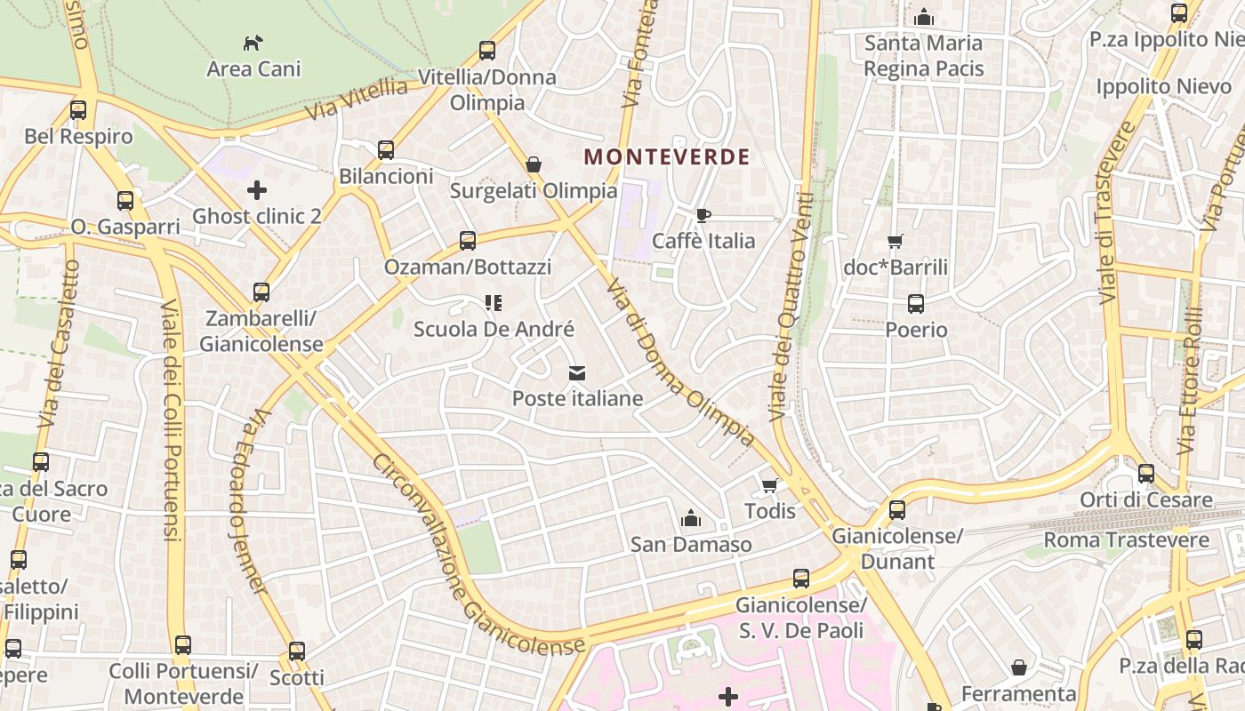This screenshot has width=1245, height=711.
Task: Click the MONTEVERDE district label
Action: [666, 157]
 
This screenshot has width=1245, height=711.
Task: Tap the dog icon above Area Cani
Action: [253, 42]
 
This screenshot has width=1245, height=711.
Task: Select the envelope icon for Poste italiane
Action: [577, 372]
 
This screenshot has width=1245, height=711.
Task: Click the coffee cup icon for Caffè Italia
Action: [703, 215]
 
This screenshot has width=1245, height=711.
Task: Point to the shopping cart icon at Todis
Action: [770, 485]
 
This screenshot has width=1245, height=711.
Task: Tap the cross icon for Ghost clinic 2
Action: [257, 190]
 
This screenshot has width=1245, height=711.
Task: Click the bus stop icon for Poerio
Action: [916, 304]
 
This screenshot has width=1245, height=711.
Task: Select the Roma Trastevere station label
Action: [1126, 539]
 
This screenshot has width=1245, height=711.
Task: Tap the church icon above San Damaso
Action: [690, 518]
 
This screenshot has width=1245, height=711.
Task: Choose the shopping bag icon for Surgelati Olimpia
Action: [534, 164]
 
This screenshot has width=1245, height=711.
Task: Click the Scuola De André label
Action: [494, 329]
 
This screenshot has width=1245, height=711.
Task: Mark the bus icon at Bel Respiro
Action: [78, 110]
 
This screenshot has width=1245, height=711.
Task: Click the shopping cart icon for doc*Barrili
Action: [896, 241]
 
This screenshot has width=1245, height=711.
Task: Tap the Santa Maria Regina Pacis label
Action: [923, 55]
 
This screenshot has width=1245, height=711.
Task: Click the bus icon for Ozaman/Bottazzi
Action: [467, 240]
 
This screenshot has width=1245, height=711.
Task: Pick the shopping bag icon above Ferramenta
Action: [1019, 667]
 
